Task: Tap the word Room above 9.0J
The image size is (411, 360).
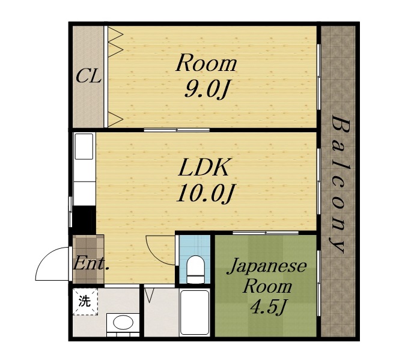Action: [x=206, y=63]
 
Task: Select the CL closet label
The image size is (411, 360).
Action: [x=88, y=77]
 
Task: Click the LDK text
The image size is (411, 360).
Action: [x=205, y=168]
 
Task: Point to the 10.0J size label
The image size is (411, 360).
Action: [x=204, y=193]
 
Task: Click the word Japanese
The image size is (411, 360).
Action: [x=266, y=266]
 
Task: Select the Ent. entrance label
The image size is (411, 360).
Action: [x=90, y=263]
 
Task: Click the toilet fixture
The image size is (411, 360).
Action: [x=195, y=268]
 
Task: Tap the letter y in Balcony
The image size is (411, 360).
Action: [x=338, y=245]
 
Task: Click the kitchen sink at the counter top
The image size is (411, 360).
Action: [x=84, y=147]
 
